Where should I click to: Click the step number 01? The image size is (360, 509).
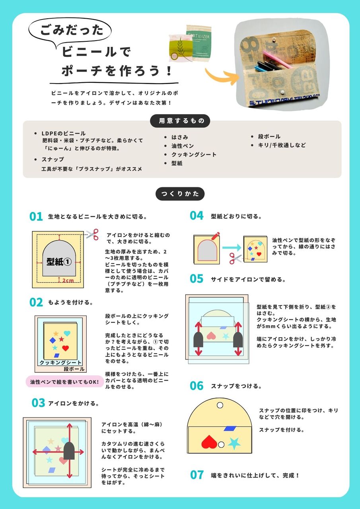pos(36,217)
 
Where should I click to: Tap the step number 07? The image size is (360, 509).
pos(197,475)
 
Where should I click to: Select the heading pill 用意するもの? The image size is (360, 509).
pos(180,120)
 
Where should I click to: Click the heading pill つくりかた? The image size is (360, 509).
pos(180,194)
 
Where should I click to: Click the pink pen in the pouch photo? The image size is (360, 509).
pos(276,59)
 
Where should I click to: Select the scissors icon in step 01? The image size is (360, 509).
pos(93,234)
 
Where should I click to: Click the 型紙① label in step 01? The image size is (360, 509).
pos(59,262)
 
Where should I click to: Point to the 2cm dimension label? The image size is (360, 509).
pos(68,281)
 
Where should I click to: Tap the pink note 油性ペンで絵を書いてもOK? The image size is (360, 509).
pos(64,382)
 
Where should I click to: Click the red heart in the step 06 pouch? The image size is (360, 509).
pos(209,442)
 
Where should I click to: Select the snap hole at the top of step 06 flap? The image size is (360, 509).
pos(220,405)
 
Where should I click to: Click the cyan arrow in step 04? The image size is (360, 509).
pos(232,247)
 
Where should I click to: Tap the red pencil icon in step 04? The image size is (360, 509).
pos(216,236)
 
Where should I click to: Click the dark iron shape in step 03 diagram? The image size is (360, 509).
pos(69,451)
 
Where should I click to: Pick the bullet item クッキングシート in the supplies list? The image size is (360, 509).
pos(194,155)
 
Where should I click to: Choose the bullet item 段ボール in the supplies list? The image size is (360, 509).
pos(269,136)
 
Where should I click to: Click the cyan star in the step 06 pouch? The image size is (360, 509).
pos(234,443)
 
